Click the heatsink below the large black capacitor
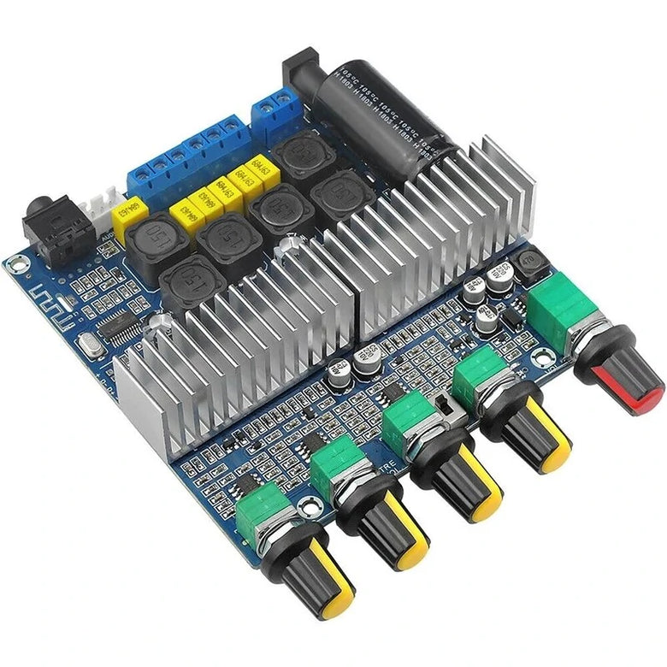click(x=436, y=231)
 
